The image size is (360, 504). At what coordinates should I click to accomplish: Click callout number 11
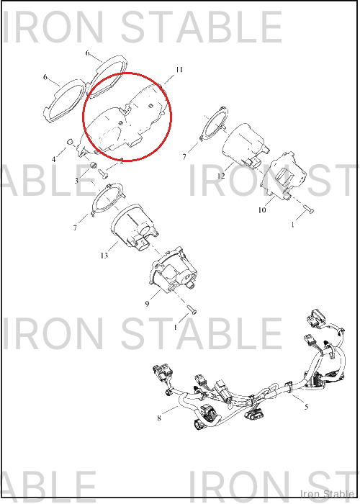tap(179, 70)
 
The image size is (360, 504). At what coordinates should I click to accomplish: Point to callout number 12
tap(221, 176)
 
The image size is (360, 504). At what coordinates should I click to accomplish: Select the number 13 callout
tap(104, 256)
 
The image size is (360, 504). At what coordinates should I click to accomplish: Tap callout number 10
tap(262, 210)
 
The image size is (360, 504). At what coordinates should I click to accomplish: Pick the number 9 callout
tap(147, 304)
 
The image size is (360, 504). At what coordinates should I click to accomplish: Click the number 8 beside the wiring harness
tap(159, 418)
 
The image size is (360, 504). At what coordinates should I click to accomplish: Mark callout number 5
tap(306, 407)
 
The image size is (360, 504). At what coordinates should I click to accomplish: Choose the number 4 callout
tap(54, 159)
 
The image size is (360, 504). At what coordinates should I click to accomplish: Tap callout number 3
tap(76, 181)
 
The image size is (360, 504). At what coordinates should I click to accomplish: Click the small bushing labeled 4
tap(69, 142)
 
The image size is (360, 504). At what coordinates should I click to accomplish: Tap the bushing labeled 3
tap(93, 166)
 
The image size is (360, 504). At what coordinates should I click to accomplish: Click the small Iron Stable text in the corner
tap(327, 494)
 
